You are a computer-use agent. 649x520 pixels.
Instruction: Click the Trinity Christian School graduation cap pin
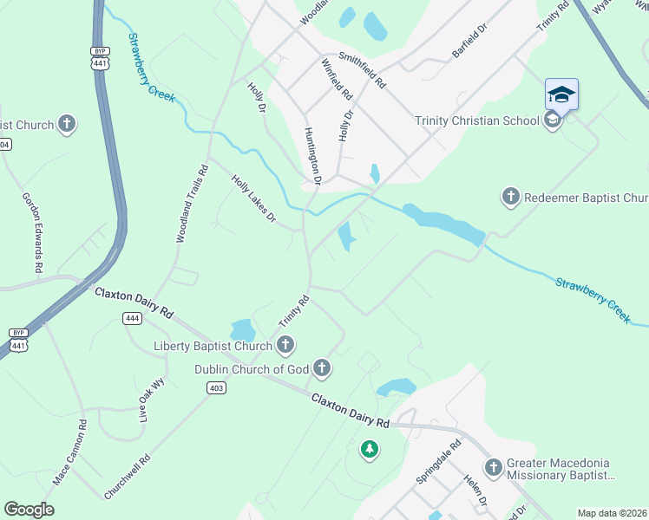pyautogui.click(x=561, y=94)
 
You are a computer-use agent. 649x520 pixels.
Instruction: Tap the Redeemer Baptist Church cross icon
pyautogui.click(x=511, y=197)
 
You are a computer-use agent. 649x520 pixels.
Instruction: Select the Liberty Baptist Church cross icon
pyautogui.click(x=285, y=347)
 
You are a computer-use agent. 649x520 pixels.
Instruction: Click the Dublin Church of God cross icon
pyautogui.click(x=322, y=369)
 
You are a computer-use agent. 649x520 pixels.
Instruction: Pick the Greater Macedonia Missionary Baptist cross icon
pyautogui.click(x=494, y=468)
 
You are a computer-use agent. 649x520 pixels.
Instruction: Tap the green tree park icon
pyautogui.click(x=370, y=449)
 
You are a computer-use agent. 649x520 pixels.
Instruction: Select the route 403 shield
pyautogui.click(x=217, y=387)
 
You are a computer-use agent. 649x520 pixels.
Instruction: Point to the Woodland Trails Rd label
pyautogui.click(x=193, y=204)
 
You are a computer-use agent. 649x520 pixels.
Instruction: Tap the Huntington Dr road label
pyautogui.click(x=312, y=156)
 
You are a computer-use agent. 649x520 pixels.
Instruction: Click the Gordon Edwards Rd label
pyautogui.click(x=32, y=232)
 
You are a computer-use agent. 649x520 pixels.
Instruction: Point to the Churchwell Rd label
pyautogui.click(x=128, y=477)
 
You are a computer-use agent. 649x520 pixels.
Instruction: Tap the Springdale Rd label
pyautogui.click(x=439, y=465)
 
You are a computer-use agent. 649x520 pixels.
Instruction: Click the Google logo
pyautogui.click(x=29, y=510)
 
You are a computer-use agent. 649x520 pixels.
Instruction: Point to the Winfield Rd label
pyautogui.click(x=336, y=79)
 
